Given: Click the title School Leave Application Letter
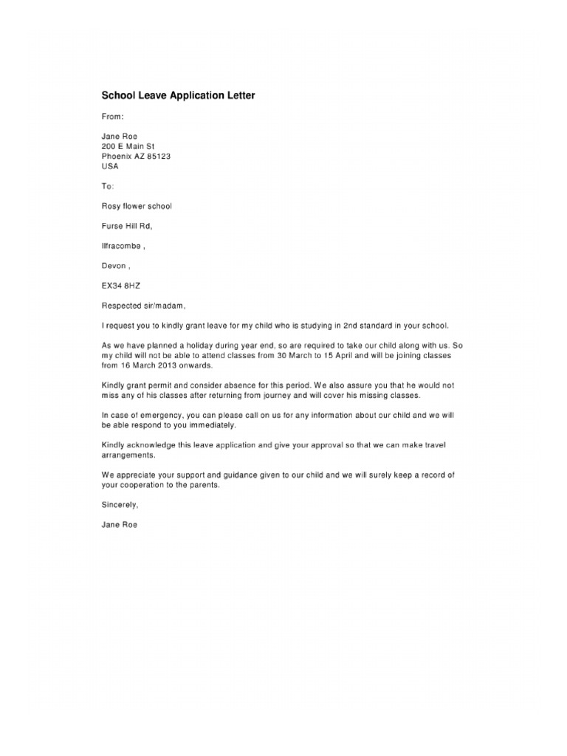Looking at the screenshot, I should (x=178, y=96).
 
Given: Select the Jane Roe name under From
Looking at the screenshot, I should (x=119, y=137).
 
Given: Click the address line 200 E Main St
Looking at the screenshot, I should (x=128, y=146).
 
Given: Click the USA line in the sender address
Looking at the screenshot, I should (x=110, y=166).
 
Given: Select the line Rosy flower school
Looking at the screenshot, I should (x=137, y=206).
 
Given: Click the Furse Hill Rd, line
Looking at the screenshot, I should (x=126, y=226).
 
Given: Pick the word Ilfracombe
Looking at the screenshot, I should (x=120, y=246).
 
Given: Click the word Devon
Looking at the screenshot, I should (x=113, y=266).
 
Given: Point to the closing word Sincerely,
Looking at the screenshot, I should (x=120, y=505).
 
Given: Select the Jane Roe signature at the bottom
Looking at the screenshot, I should (x=119, y=525).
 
